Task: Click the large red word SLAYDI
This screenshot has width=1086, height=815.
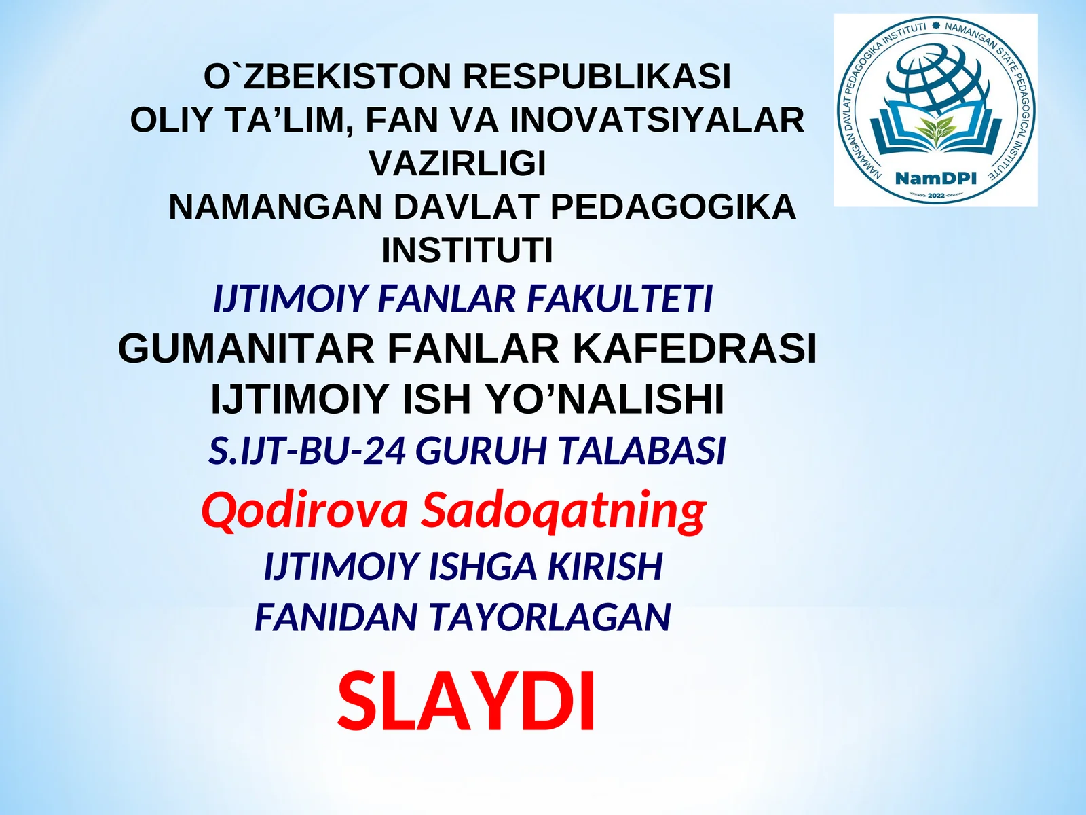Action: [x=467, y=701]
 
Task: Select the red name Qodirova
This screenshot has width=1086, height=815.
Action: [x=305, y=510]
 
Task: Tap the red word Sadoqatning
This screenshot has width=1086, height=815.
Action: [x=563, y=511]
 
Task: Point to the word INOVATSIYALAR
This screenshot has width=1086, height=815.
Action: [x=657, y=120]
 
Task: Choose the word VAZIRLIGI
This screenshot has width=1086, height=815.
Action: [x=457, y=164]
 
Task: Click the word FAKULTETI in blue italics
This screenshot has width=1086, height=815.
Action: [x=620, y=299]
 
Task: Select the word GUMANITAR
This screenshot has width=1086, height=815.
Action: [x=246, y=349]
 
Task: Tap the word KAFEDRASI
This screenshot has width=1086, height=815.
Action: [x=694, y=349]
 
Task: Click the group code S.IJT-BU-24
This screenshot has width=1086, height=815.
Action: [x=307, y=451]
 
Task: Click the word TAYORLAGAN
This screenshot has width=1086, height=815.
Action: [x=550, y=617]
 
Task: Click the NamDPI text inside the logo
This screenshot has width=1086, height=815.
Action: [x=935, y=179]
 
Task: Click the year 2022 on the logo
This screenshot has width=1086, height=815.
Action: [x=936, y=196]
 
